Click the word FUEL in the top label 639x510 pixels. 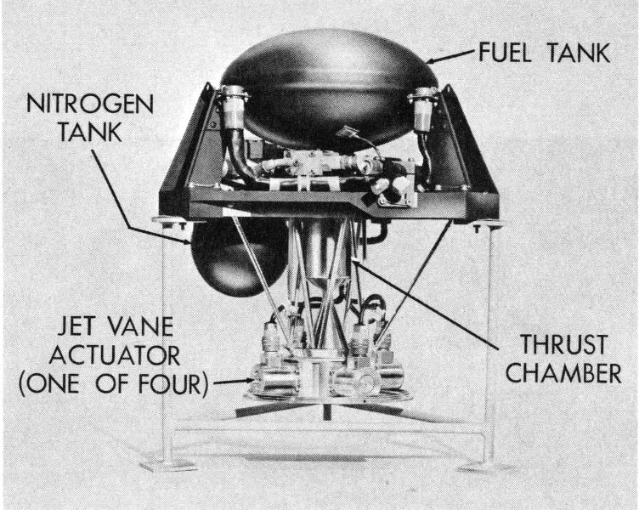(505, 53)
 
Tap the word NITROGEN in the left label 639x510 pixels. (90, 105)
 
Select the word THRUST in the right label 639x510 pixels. (564, 344)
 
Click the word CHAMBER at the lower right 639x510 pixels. (563, 372)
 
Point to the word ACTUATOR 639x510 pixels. (115, 356)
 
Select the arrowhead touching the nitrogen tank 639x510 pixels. (187, 241)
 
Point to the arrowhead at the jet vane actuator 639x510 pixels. (248, 381)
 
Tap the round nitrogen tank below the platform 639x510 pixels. (236, 260)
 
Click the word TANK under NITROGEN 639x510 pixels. (90, 132)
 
